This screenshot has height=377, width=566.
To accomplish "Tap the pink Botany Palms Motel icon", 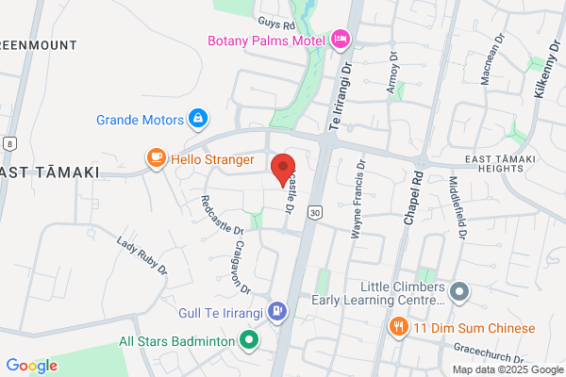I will tap(340, 40).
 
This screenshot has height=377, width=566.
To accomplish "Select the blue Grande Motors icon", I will tap(198, 120).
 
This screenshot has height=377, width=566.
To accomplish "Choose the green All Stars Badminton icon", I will tap(248, 340).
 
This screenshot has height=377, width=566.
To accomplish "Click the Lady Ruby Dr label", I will tap(142, 255).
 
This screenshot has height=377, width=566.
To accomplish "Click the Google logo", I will tap(31, 366).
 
